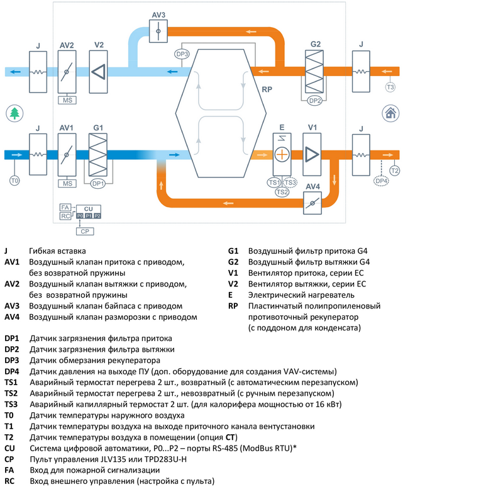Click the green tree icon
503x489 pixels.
(x=14, y=113)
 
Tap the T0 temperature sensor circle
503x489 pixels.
(x=15, y=181)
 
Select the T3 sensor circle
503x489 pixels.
(x=390, y=87)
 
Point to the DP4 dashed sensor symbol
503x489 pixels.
(x=381, y=181)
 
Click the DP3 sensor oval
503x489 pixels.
(x=183, y=55)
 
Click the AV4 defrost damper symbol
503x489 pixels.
(x=312, y=203)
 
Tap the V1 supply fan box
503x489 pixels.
(x=311, y=154)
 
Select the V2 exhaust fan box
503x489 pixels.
(x=99, y=70)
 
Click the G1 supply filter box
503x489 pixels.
(x=98, y=154)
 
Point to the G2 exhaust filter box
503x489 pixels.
(x=314, y=70)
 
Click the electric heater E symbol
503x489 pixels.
(x=282, y=154)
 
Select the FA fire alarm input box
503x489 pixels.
(x=65, y=207)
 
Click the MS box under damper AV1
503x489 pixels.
(x=67, y=183)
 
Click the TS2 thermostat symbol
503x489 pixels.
(x=282, y=191)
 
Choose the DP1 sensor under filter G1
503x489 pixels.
(x=97, y=184)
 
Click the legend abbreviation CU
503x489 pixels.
(x=9, y=447)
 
